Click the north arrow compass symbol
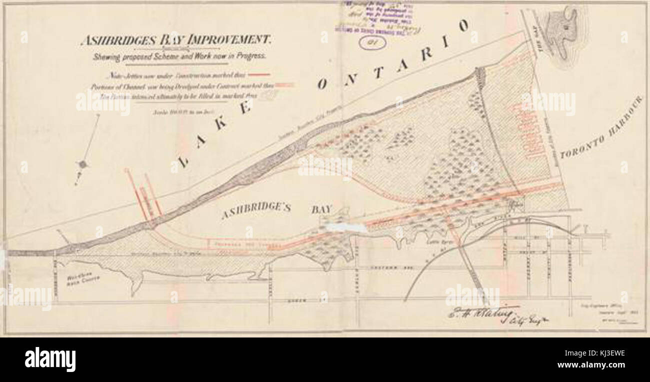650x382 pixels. (83, 163)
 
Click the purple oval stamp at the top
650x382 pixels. (371, 43)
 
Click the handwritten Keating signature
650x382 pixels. (480, 314)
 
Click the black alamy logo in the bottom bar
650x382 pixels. (50, 359)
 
